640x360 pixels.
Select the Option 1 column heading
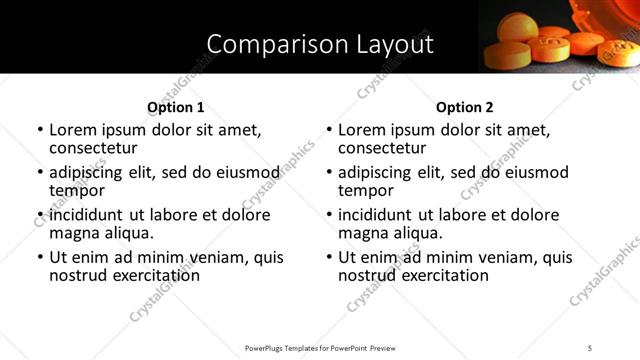(x=176, y=107)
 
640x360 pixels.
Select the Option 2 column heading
(x=465, y=107)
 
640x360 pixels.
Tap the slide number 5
(x=590, y=347)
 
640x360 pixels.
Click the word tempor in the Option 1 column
(x=77, y=190)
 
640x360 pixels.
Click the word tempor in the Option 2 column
(x=366, y=190)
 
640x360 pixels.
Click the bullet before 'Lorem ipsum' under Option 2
(x=329, y=130)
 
